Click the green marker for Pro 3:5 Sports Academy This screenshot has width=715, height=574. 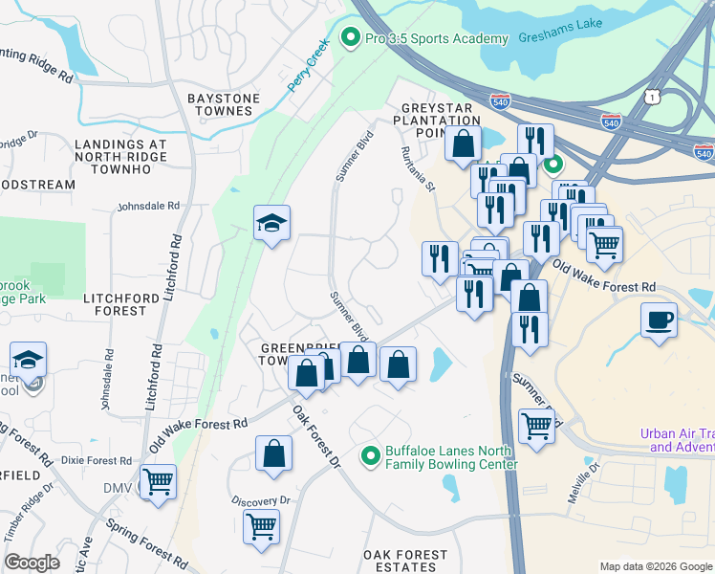point(350,38)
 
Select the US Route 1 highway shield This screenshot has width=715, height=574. point(651,98)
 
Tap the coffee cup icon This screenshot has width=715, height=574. point(660,320)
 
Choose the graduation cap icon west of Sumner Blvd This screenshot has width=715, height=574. point(272,224)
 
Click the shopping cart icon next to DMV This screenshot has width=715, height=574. point(158,482)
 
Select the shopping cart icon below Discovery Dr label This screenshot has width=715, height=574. point(261,525)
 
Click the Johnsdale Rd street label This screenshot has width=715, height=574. point(148,206)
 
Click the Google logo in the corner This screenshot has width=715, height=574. point(32,563)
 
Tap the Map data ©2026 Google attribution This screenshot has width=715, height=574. point(656,566)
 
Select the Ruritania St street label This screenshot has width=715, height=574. point(418,168)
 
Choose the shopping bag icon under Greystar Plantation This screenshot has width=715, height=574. point(463,144)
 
